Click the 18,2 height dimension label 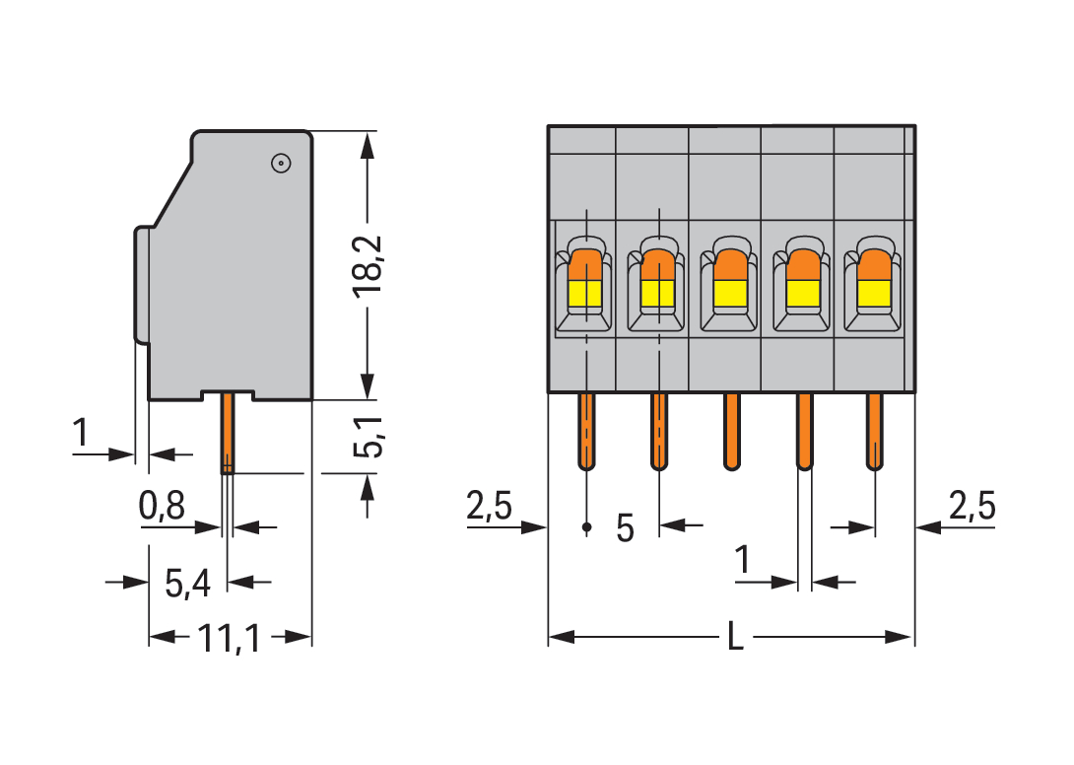click(x=369, y=267)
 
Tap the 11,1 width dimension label click(x=230, y=640)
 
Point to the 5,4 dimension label click(x=187, y=585)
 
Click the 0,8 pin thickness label click(x=162, y=508)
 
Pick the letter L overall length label click(x=735, y=638)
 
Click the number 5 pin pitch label click(x=625, y=528)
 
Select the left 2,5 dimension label click(x=489, y=508)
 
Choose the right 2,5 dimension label click(x=972, y=508)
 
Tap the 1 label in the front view click(x=744, y=562)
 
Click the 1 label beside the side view click(x=81, y=433)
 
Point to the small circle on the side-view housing click(x=279, y=164)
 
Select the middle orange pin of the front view click(x=731, y=431)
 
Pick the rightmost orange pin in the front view click(x=874, y=431)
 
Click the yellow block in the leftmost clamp click(x=585, y=293)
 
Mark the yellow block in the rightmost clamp click(x=874, y=293)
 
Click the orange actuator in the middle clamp click(x=730, y=264)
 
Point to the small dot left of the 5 click(x=587, y=528)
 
